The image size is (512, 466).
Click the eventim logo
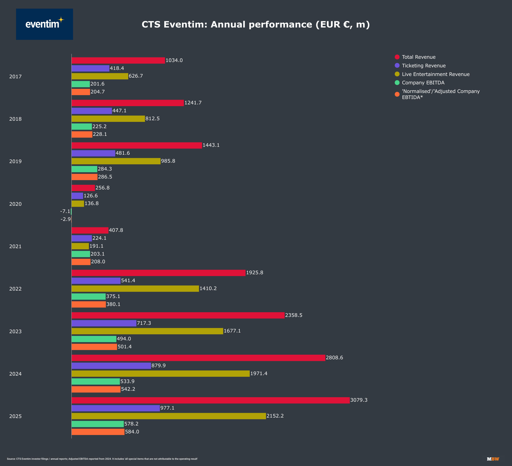click(44, 24)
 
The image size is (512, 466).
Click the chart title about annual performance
click(256, 24)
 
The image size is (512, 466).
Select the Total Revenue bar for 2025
click(210, 400)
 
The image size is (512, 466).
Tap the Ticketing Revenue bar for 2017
click(90, 69)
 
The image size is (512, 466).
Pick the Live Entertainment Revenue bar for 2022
click(135, 288)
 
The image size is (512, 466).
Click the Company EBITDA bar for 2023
click(94, 339)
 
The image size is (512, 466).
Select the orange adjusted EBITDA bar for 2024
click(96, 389)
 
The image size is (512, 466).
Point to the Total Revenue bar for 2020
click(83, 188)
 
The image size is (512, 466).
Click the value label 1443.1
click(211, 145)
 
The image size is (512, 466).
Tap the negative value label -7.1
click(65, 211)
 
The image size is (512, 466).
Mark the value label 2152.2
click(275, 416)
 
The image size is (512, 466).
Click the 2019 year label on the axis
click(16, 161)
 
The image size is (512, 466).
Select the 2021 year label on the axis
click(16, 246)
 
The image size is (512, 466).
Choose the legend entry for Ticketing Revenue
click(423, 66)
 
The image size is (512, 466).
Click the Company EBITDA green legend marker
click(397, 83)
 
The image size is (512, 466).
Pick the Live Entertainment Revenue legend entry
click(436, 74)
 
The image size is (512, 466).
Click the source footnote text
click(102, 459)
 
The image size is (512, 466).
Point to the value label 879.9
click(158, 366)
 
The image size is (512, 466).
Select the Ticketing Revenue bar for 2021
click(81, 238)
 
